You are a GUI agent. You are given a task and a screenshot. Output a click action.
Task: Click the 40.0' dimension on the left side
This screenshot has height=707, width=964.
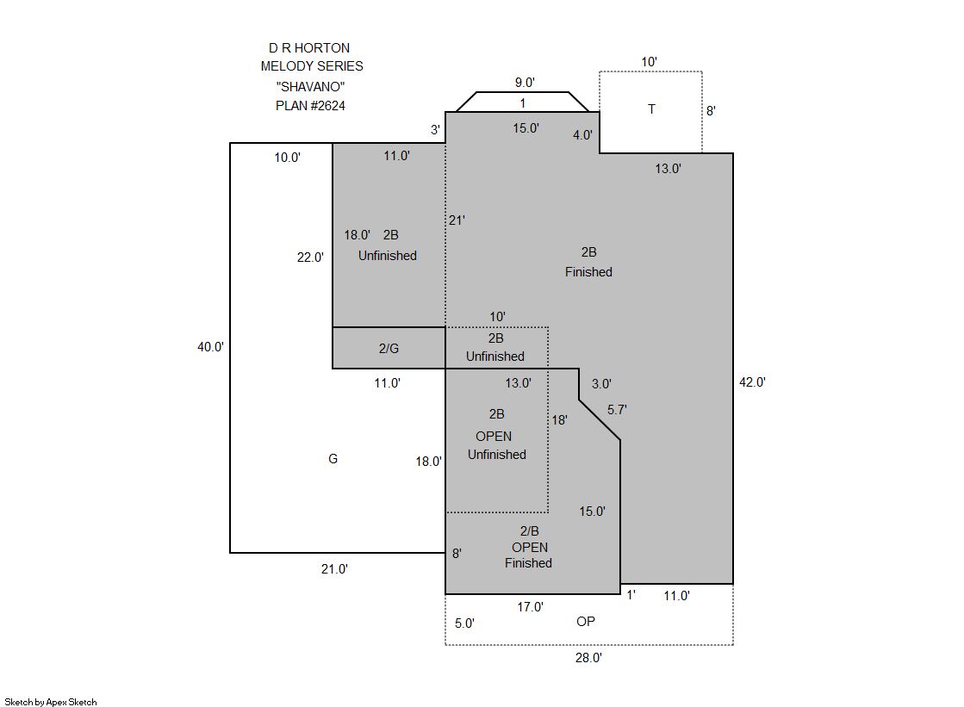click(x=210, y=347)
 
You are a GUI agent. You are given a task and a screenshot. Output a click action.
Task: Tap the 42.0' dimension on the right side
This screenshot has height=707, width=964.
click(x=752, y=381)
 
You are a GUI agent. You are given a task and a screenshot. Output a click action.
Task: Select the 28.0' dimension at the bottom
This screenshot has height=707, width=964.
click(x=588, y=658)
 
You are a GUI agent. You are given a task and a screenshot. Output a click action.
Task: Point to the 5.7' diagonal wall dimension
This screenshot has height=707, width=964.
click(x=618, y=409)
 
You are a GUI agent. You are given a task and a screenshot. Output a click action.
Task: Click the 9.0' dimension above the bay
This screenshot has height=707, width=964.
click(x=525, y=83)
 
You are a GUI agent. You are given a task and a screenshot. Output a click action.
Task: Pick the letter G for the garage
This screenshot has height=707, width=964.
click(x=333, y=459)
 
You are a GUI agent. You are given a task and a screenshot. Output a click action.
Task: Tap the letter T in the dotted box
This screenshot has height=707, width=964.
click(x=651, y=109)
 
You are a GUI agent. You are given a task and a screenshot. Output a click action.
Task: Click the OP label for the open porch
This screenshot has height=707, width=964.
click(x=586, y=622)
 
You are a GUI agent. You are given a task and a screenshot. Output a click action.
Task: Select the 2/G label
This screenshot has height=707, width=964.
click(x=389, y=349)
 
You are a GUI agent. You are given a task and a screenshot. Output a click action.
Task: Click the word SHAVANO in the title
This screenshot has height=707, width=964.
click(x=310, y=87)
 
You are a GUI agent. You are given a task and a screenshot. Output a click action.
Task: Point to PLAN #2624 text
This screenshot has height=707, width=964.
click(x=310, y=106)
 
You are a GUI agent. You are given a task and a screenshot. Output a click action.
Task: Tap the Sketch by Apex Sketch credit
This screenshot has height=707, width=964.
click(x=51, y=702)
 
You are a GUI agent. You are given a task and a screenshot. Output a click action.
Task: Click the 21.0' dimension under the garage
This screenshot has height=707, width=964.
click(x=334, y=569)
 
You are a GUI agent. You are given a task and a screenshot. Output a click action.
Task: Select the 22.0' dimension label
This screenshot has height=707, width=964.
click(x=310, y=257)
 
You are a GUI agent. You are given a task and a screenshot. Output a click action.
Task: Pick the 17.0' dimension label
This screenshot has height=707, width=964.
click(x=530, y=607)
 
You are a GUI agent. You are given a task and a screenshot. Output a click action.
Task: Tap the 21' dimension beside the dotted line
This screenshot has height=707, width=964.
click(x=457, y=220)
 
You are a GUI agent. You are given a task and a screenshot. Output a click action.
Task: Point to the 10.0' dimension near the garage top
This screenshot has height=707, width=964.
click(x=287, y=158)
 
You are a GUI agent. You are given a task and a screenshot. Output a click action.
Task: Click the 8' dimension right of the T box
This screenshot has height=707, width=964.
click(x=711, y=111)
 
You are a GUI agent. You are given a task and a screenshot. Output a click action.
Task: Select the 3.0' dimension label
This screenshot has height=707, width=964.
click(x=601, y=384)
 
